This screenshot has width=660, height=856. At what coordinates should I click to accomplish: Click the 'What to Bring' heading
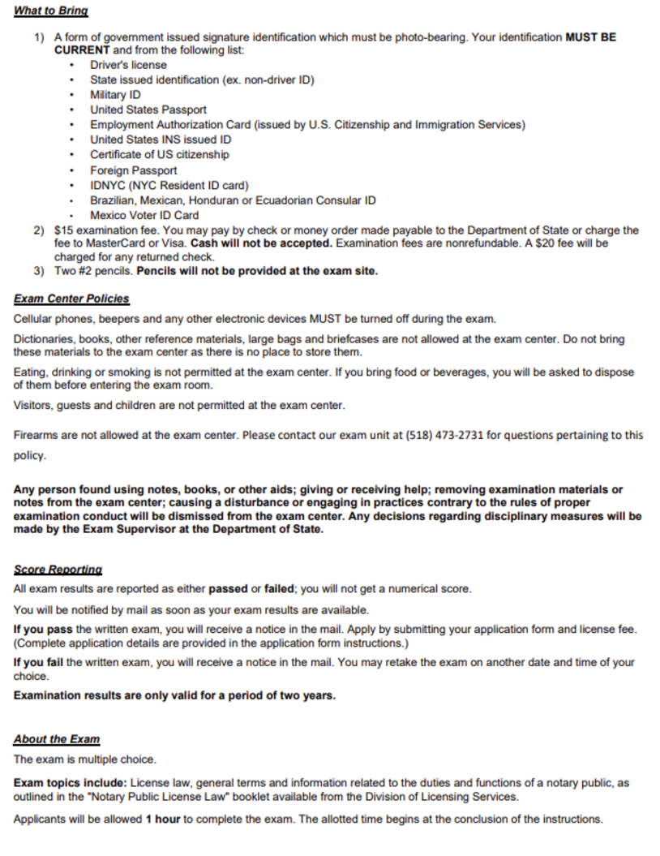(51, 11)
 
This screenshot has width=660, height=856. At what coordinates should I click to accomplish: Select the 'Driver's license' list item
(128, 65)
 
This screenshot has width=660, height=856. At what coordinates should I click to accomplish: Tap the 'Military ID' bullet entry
(115, 95)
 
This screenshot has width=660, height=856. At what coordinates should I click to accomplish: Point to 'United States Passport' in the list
(148, 110)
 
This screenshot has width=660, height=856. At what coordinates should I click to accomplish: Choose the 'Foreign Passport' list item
(133, 170)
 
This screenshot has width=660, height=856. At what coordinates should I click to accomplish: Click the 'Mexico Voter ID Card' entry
(144, 216)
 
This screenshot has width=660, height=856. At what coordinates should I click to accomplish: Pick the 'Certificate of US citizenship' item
(159, 155)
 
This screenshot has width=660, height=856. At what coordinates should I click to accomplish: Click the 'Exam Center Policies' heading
(71, 299)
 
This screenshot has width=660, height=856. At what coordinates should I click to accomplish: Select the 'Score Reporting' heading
(58, 570)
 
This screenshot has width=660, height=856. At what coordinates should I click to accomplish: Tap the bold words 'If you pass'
(43, 629)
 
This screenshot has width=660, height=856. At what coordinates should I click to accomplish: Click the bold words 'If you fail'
(39, 663)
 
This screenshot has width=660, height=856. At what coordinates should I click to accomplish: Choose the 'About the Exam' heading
(57, 739)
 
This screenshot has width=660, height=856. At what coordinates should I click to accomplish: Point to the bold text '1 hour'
(163, 819)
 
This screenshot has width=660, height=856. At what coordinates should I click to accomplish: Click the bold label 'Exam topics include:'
(71, 783)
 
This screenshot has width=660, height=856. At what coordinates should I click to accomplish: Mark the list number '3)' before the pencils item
(39, 271)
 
